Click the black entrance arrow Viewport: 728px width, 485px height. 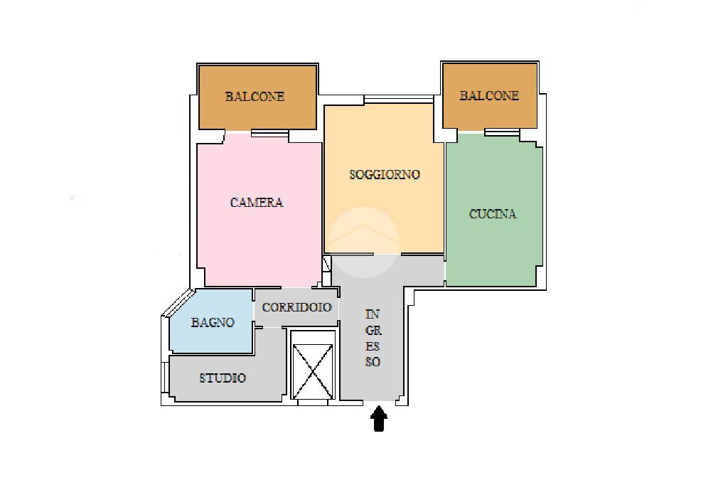coord(379,419)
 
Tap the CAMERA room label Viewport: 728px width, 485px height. coord(257,203)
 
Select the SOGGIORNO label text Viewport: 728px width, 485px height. coord(385,175)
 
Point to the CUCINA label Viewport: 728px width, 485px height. coord(493,214)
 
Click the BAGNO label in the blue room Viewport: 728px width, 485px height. coord(213,322)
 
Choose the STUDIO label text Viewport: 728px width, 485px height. coord(223,378)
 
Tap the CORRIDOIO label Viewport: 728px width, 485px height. coord(296,307)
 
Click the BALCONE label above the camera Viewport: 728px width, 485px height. coord(255,97)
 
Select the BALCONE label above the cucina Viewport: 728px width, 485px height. coord(489,96)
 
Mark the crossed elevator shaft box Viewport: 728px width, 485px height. coord(313,372)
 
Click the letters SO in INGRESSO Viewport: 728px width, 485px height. coord(373,362)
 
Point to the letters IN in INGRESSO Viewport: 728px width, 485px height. coord(373,314)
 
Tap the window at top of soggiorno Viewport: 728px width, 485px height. coord(399,99)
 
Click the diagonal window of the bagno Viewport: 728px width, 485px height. coord(178,302)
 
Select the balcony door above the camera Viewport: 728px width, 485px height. coord(269,133)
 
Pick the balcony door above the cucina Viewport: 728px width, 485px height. coord(502,132)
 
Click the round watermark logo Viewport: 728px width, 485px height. coord(364,242)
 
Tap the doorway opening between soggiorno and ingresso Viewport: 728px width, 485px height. coord(387,254)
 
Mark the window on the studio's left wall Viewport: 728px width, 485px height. coord(164,375)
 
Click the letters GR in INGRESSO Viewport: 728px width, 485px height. coord(373,331)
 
